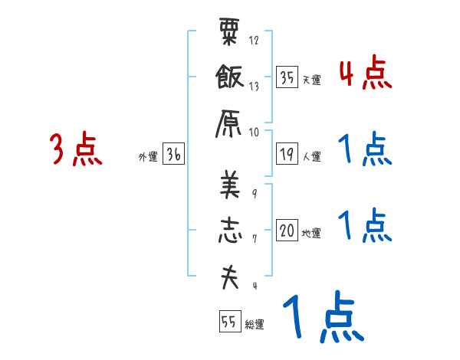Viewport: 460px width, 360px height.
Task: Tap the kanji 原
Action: coord(230,122)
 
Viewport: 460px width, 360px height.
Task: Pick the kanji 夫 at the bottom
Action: coord(230,277)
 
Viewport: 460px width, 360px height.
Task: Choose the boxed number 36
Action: coord(173,155)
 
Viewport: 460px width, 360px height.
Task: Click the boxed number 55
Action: coord(229,322)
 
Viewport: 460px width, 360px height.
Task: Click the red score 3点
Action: coord(76,149)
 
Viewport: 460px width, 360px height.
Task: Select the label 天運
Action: coord(312,80)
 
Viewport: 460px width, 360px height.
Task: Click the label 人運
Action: coord(312,157)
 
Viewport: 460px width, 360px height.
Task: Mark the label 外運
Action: coord(147,157)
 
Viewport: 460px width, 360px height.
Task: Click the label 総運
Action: coord(255,325)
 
